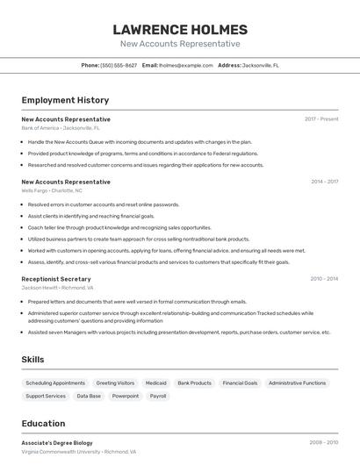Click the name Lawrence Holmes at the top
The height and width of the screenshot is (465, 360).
pyautogui.click(x=180, y=29)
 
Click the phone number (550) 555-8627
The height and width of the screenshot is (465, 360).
pyautogui.click(x=119, y=65)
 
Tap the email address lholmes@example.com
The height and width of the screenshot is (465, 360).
pyautogui.click(x=186, y=65)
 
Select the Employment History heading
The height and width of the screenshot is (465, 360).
pyautogui.click(x=65, y=100)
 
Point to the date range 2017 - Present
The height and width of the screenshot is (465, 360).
pyautogui.click(x=321, y=119)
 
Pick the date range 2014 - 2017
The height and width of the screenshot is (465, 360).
pyautogui.click(x=324, y=182)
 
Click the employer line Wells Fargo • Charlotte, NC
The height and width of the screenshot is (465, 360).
pyautogui.click(x=52, y=190)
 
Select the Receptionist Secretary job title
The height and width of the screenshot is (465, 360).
pyautogui.click(x=56, y=279)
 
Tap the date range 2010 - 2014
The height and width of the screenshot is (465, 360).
pyautogui.click(x=324, y=279)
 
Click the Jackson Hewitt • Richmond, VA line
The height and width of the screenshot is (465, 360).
pyautogui.click(x=57, y=288)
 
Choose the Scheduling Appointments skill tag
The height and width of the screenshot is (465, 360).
pyautogui.click(x=55, y=383)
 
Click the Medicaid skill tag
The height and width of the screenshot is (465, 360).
pyautogui.click(x=155, y=383)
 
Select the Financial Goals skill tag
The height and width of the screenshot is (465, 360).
pyautogui.click(x=240, y=383)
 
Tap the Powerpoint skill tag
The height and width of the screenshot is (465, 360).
pyautogui.click(x=126, y=396)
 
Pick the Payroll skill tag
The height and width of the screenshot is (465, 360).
pyautogui.click(x=158, y=396)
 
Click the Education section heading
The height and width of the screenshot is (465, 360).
pyautogui.click(x=43, y=424)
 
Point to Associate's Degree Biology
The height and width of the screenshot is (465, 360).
pyautogui.click(x=57, y=443)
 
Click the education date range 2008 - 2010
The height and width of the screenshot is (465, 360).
pyautogui.click(x=324, y=443)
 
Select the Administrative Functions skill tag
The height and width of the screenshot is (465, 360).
pyautogui.click(x=297, y=383)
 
